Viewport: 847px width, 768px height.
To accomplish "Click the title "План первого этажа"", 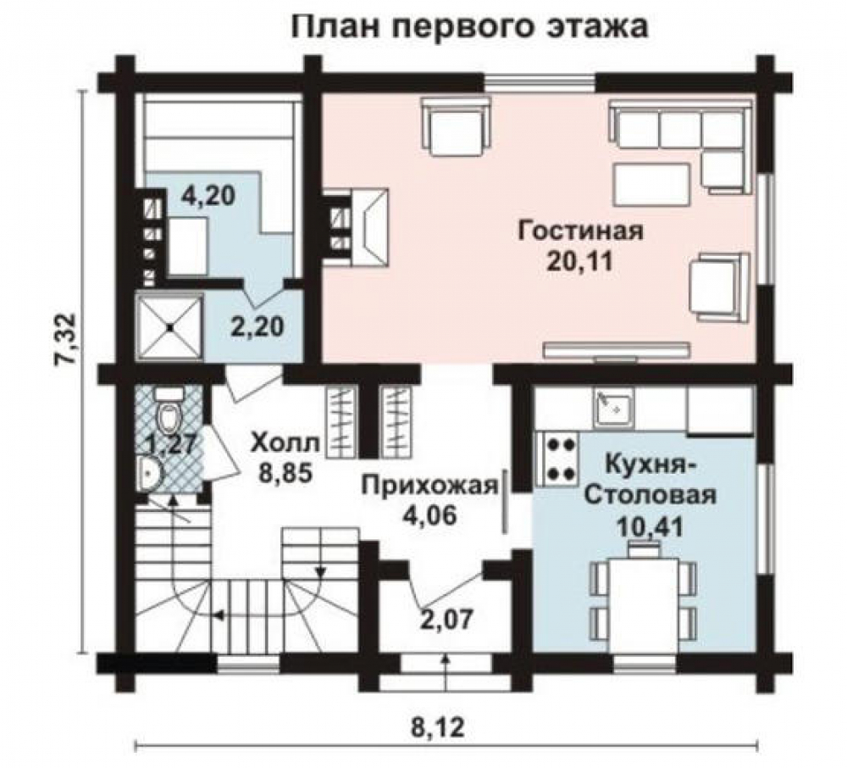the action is point(469,26).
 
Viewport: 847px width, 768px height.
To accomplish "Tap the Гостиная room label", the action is point(581,231).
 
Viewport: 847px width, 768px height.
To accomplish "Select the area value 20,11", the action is point(580,262).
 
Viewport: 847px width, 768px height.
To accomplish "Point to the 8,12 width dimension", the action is point(439,728).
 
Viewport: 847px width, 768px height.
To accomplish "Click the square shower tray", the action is point(171,326).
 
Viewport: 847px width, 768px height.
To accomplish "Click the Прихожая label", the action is point(429,485).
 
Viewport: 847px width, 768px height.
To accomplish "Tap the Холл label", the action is point(285,443).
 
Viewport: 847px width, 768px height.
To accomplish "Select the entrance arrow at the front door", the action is point(446,672).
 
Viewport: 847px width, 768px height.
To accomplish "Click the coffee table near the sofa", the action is point(651,186).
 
